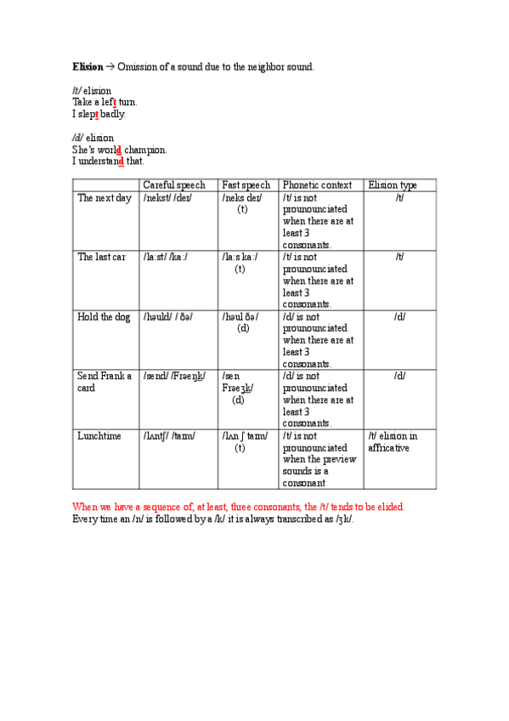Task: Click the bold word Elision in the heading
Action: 88,66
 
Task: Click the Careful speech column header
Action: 173,185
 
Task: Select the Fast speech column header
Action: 246,185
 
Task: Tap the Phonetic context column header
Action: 317,185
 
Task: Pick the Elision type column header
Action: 392,185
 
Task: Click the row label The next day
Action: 105,197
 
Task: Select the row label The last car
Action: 102,257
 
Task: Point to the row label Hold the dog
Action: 104,316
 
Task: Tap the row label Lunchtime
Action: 99,435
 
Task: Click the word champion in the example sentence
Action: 146,150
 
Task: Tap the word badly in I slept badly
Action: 113,113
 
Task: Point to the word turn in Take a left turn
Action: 127,101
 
